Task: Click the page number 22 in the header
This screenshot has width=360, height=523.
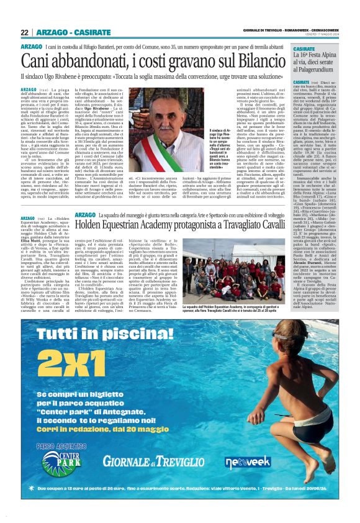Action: pos(25,33)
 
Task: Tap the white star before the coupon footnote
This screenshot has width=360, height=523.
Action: pos(39,489)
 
